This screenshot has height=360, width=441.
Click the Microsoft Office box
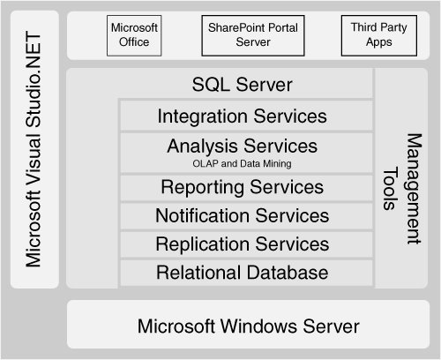(x=134, y=35)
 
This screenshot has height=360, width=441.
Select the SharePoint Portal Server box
(x=253, y=35)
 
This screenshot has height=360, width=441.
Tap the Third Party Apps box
(x=379, y=35)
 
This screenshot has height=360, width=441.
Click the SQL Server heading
(x=243, y=85)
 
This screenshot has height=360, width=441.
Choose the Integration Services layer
(x=246, y=116)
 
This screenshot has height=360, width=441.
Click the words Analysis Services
(x=243, y=146)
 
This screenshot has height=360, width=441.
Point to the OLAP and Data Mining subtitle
(x=242, y=163)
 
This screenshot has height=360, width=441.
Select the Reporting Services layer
(x=246, y=188)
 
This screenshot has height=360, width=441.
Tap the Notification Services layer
(x=246, y=216)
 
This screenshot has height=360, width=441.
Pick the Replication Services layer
(x=246, y=244)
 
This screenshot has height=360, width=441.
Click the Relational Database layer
(x=246, y=273)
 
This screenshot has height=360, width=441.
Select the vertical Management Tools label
(x=402, y=189)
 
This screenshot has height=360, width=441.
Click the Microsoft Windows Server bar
(x=249, y=324)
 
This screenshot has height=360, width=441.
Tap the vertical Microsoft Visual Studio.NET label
(x=34, y=149)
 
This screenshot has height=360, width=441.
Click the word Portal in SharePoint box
(x=283, y=27)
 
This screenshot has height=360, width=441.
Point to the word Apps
(x=379, y=42)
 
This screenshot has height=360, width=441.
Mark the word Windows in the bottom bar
(x=259, y=326)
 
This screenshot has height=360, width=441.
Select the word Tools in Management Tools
(x=391, y=190)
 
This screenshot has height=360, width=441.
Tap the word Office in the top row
(x=134, y=42)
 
